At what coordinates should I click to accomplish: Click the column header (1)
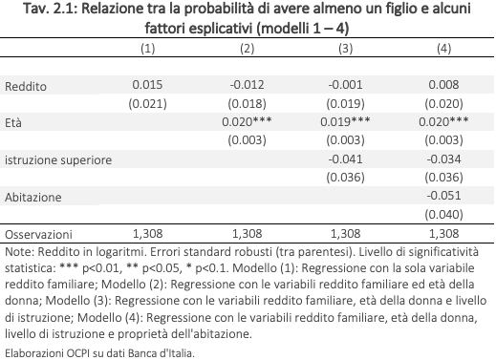coord(148,49)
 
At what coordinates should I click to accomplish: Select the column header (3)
coord(345,49)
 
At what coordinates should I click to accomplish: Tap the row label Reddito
coord(26,87)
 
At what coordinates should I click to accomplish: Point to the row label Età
coord(13,122)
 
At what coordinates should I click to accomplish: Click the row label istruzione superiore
coord(58,160)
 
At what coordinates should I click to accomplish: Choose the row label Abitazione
coord(33,198)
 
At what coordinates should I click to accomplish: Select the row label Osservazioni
coord(38,235)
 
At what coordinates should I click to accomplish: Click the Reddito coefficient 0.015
coord(147,85)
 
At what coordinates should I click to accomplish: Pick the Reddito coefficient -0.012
coord(247,85)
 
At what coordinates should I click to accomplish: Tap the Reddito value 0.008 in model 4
coord(443,85)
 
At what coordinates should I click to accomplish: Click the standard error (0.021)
coord(147,104)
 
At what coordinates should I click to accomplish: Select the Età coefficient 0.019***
coord(345,121)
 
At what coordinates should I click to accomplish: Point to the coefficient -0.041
coord(345,159)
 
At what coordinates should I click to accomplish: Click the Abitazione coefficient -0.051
coord(443,196)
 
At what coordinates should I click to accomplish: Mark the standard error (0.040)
coord(443,215)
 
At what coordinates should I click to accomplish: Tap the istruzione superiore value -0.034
coord(443,159)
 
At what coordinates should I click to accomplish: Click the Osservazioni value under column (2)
coord(247,234)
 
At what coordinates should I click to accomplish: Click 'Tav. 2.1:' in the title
coord(51,9)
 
